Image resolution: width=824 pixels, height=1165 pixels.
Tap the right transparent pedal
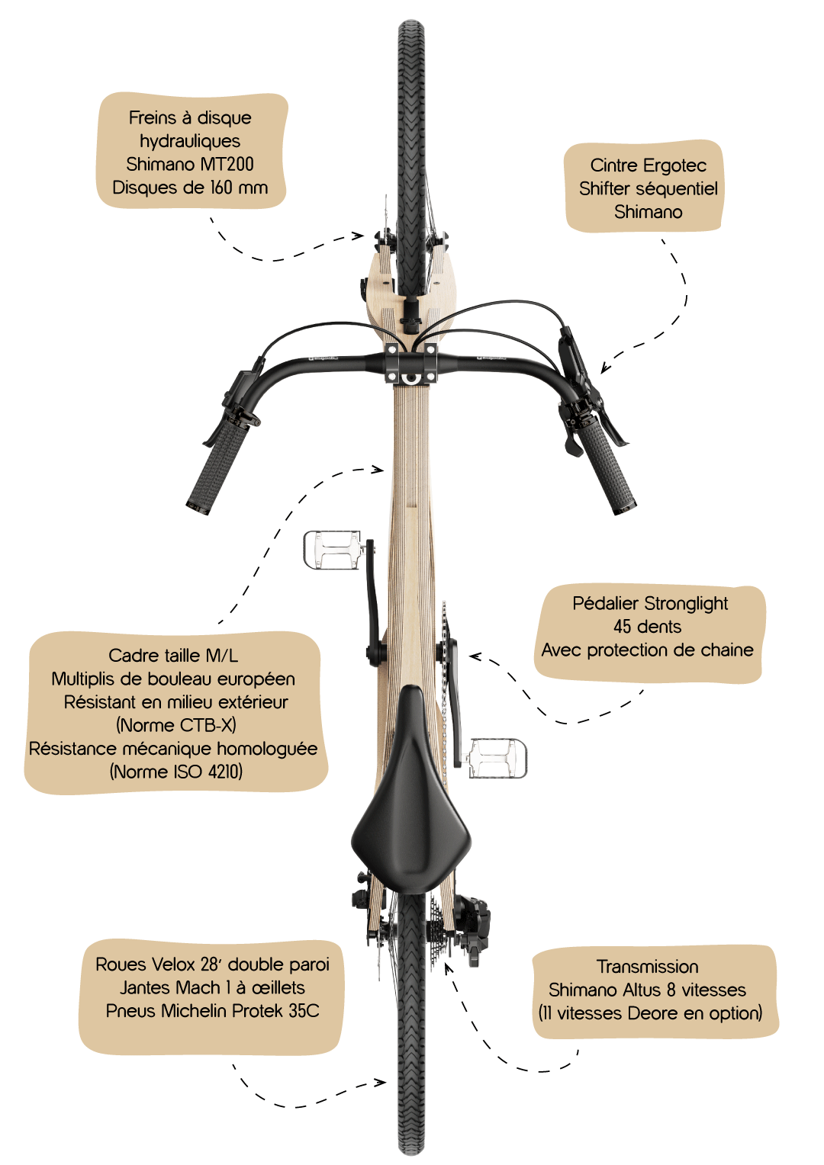pos(497,759)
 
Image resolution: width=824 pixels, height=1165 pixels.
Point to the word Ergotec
pos(674,165)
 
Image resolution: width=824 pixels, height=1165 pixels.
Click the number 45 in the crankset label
pos(623,627)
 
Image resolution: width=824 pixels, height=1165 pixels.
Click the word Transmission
pos(648,966)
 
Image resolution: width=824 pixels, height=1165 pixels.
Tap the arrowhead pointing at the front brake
pos(358,236)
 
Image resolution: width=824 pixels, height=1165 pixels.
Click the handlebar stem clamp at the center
pos(410,363)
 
